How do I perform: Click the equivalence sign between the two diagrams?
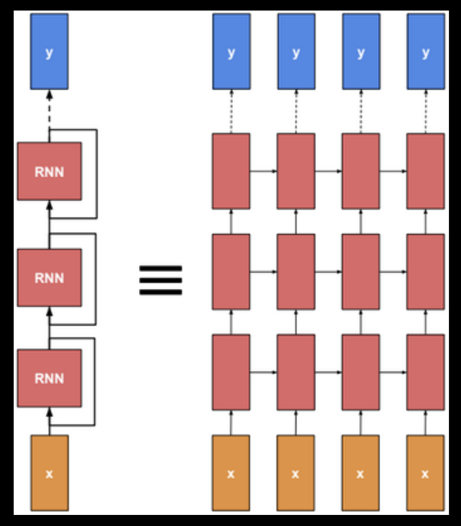pos(161,280)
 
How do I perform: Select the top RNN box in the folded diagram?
pos(49,171)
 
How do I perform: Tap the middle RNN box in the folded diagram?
pos(49,277)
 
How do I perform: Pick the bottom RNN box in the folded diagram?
pos(49,378)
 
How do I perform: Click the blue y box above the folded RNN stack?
pos(49,52)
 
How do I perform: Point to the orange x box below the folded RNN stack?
pos(49,473)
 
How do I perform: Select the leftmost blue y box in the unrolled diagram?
pos(231,52)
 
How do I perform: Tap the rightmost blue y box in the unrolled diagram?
pos(426,52)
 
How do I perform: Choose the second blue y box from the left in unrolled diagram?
pos(296,52)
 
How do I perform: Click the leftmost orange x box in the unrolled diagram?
pos(231,473)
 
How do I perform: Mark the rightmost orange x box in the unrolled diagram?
pos(425,473)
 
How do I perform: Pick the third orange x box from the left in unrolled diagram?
pos(360,473)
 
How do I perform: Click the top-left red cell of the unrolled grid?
pos(231,171)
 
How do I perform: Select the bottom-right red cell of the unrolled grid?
pos(425,372)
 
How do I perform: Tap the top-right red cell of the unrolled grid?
pos(425,171)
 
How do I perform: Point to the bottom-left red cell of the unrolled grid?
pos(231,372)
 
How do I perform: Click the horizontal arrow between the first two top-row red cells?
pos(264,171)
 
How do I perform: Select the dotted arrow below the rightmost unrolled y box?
pos(426,111)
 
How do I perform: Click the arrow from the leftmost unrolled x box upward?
pos(231,422)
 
